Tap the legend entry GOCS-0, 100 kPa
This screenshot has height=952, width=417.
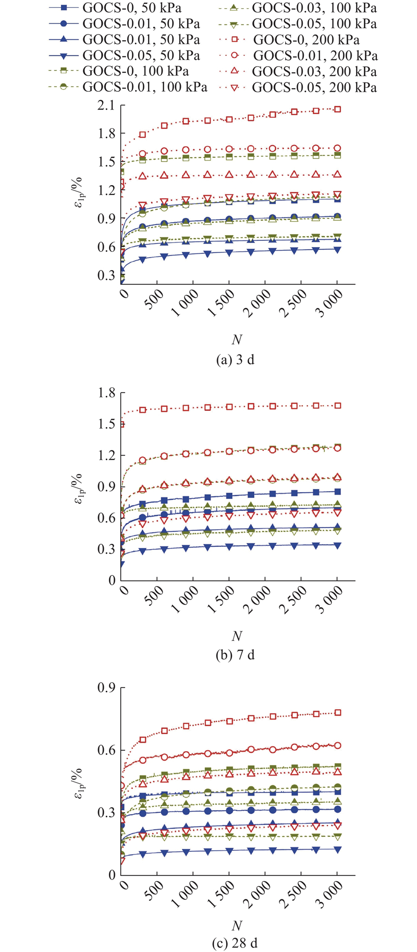pos(136,71)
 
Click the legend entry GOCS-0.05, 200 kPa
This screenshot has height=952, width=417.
pos(314,87)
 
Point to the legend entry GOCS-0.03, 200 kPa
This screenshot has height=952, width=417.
pos(314,71)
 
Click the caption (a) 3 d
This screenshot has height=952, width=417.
pos(235,359)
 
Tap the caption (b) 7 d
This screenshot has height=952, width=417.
pos(235,655)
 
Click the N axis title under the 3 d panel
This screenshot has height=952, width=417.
pos(237,339)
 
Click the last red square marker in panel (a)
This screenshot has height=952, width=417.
pos(337,109)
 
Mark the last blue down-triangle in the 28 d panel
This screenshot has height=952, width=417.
pos(337,849)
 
